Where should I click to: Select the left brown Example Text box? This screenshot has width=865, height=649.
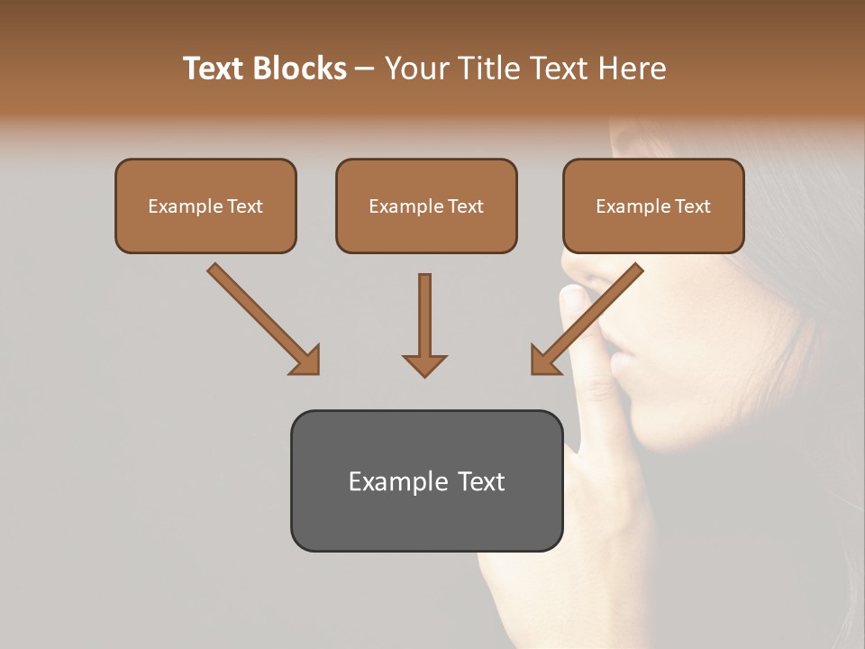[x=205, y=206]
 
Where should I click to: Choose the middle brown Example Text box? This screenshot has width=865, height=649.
[x=426, y=206]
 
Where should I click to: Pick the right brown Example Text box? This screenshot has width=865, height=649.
[x=653, y=206]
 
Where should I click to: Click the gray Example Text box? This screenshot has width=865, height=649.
[x=426, y=480]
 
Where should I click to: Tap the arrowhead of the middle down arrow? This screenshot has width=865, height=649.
[x=424, y=364]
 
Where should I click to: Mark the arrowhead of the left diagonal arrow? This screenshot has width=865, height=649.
[x=306, y=361]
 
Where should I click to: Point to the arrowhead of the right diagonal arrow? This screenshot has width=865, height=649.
[x=543, y=361]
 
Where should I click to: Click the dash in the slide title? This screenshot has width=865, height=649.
[x=365, y=69]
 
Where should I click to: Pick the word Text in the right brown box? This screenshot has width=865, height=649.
[x=693, y=206]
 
